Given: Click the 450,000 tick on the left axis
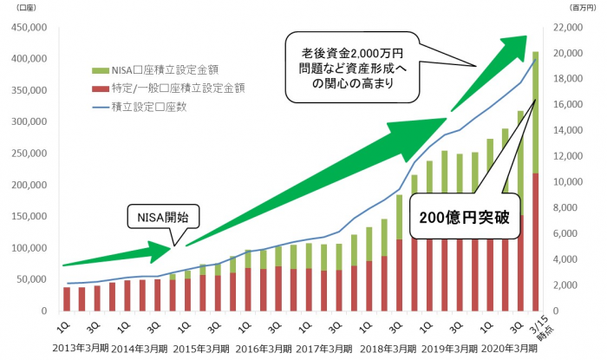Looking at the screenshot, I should pyautogui.click(x=29, y=27).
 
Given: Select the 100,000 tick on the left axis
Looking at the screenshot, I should pyautogui.click(x=29, y=248).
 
